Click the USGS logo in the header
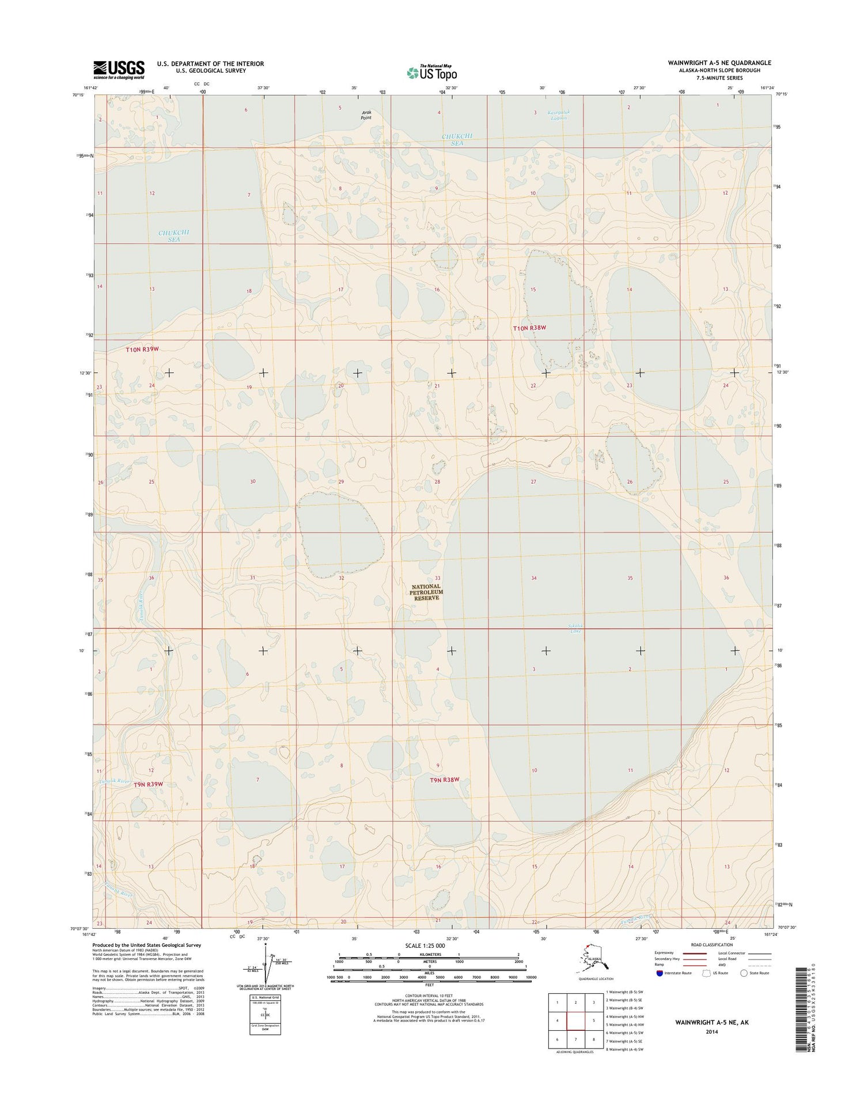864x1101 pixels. click(x=119, y=70)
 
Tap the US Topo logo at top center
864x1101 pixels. click(x=432, y=73)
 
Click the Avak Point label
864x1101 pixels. click(x=366, y=115)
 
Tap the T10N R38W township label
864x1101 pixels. click(x=529, y=328)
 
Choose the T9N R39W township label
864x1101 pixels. click(x=149, y=784)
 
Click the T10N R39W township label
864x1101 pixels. click(x=142, y=350)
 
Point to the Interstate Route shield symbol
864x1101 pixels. click(x=660, y=973)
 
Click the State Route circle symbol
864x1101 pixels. click(x=744, y=973)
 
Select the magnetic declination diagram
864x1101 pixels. click(x=264, y=967)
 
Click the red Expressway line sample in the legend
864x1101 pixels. click(x=695, y=953)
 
